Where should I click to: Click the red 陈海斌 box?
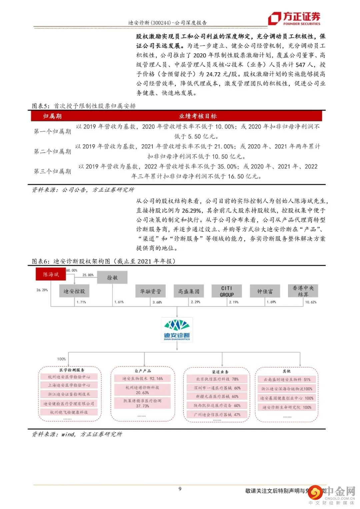[51, 274]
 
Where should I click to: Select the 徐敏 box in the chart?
[112, 277]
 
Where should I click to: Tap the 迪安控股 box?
[74, 291]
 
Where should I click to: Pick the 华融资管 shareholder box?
[150, 291]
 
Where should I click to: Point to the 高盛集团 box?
[188, 291]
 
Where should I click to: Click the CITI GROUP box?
[227, 291]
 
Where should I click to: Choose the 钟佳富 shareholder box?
[265, 291]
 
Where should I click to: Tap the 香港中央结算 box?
[303, 291]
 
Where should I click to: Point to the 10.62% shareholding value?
[311, 302]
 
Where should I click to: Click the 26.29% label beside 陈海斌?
[42, 290]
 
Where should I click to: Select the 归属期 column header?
[52, 116]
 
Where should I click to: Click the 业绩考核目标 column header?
[198, 116]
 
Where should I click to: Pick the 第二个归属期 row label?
[52, 151]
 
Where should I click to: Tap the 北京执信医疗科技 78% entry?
[217, 379]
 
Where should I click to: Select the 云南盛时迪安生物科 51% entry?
[287, 379]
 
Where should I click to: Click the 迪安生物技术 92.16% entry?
[142, 378]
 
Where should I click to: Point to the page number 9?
[180, 489]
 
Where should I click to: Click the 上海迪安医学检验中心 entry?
[69, 385]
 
